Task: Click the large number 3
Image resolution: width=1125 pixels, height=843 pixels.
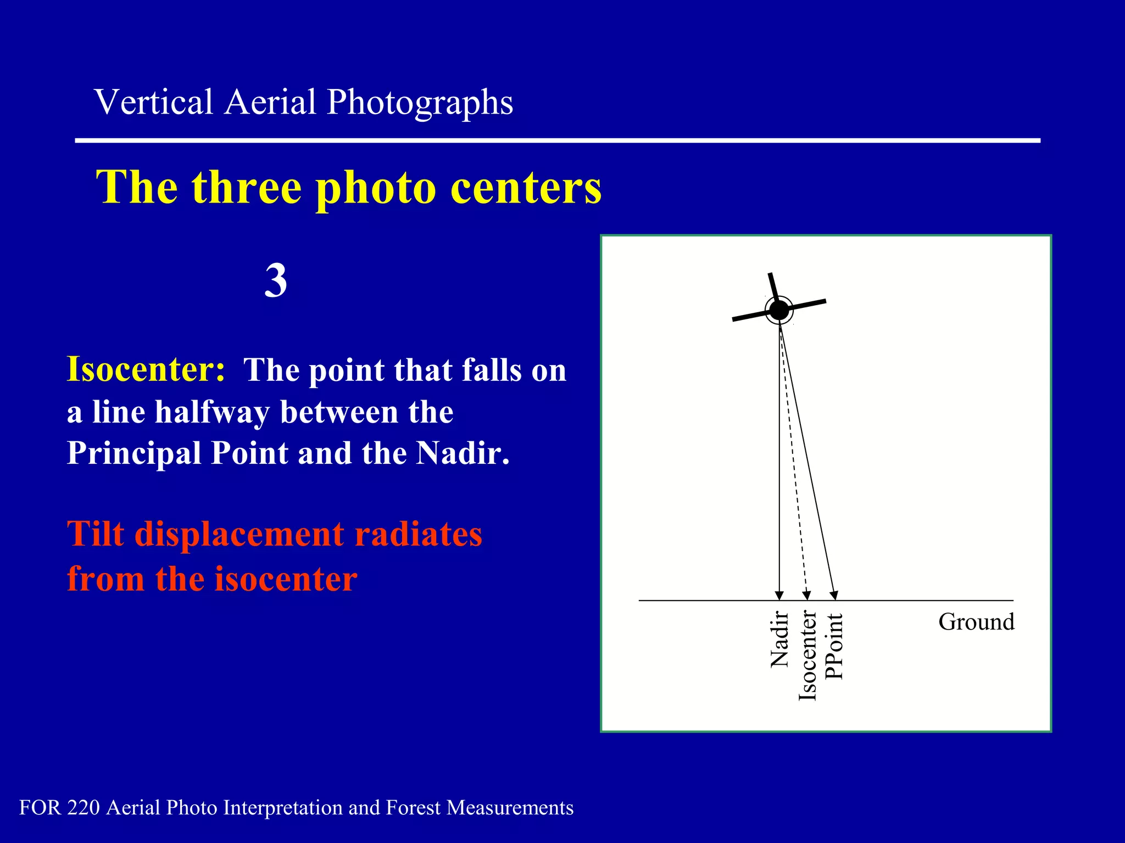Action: pos(276,280)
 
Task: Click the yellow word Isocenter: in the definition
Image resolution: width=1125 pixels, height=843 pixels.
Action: pos(146,369)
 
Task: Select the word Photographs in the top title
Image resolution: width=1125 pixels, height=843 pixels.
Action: pos(420,103)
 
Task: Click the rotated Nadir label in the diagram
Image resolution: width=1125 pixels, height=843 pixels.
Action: pos(779,639)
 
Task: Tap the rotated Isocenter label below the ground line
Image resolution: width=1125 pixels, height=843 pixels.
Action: pos(807,656)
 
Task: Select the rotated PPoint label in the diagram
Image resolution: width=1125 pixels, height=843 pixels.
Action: pos(834,646)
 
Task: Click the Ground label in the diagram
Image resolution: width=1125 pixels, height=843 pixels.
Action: pos(976,622)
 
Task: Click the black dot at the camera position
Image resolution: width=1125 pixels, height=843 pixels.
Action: pos(779,310)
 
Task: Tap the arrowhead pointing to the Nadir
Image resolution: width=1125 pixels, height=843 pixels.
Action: pos(779,596)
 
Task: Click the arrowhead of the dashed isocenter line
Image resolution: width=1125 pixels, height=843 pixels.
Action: pos(806,596)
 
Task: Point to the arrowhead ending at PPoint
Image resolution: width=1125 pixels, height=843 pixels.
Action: pos(834,596)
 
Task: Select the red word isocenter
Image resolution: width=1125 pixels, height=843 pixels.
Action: pos(286,579)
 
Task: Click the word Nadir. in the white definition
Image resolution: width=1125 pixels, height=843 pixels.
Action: pos(463,453)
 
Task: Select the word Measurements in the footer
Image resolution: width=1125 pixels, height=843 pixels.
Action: pos(510,807)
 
